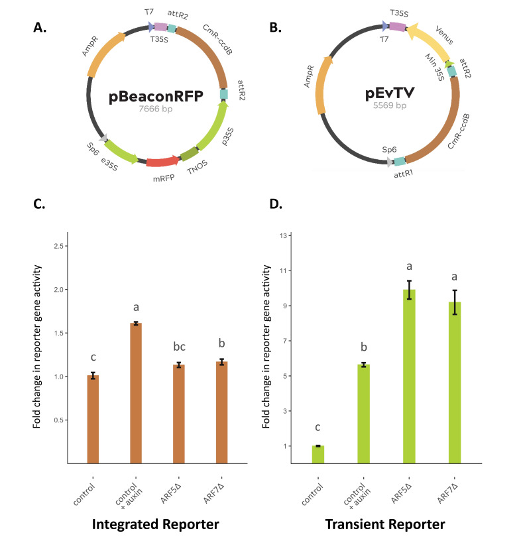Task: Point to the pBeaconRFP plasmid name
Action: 156,96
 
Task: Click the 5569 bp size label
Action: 389,105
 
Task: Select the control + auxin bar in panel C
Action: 136,393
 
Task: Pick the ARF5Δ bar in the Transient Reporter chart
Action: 409,377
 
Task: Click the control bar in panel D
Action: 318,454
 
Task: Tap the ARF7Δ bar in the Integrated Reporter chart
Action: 222,412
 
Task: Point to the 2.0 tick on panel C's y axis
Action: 59,290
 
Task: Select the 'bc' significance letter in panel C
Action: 179,346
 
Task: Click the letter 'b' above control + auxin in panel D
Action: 363,347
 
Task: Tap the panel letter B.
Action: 275,27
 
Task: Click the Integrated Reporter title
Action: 155,524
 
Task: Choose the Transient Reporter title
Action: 385,524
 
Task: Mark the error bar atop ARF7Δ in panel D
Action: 455,302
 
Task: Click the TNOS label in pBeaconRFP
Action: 197,167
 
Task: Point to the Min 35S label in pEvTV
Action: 435,67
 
